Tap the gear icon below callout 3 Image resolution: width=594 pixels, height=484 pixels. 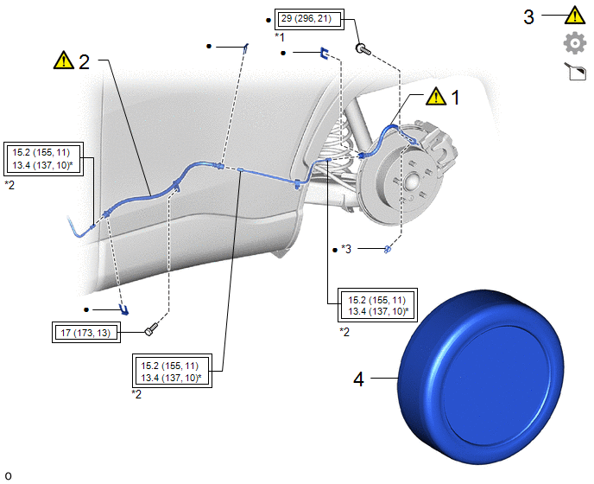click(575, 43)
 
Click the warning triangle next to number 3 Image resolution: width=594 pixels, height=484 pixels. click(575, 16)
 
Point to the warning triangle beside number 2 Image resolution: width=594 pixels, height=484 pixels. click(64, 60)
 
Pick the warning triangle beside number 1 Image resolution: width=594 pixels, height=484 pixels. click(436, 96)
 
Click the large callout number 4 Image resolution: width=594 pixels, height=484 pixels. click(359, 379)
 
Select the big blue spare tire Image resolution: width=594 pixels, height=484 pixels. click(481, 377)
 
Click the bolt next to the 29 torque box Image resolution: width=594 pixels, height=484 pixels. click(363, 49)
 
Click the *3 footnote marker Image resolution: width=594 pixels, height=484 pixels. click(346, 249)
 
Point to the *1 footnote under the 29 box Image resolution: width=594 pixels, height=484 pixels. click(280, 37)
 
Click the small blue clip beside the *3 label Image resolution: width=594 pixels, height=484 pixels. click(388, 249)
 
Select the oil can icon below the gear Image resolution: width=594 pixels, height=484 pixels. click(575, 72)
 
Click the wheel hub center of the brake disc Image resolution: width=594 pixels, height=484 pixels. click(412, 182)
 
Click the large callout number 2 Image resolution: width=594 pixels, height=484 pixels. click(84, 62)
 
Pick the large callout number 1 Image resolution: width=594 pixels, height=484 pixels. click(456, 98)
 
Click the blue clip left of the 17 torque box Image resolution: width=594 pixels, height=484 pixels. click(123, 309)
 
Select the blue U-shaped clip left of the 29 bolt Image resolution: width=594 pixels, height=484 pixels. click(324, 54)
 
